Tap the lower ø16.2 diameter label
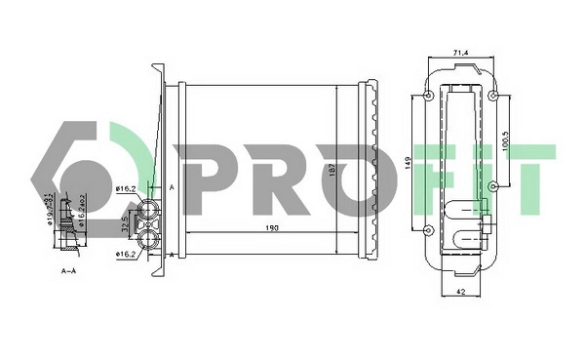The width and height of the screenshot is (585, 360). coord(126,255)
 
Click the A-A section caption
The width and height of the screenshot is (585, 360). coord(69,270)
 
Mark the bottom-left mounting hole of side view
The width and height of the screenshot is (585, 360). coord(430,230)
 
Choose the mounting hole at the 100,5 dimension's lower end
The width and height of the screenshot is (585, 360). coord(493,185)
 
